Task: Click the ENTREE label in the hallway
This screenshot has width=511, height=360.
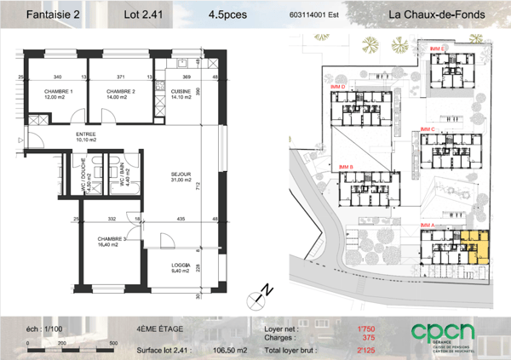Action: [x=86, y=134]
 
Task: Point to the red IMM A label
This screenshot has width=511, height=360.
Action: [x=428, y=225]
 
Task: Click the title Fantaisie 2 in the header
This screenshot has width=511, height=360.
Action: [x=54, y=14]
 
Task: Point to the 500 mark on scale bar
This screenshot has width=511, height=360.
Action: [x=114, y=344]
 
